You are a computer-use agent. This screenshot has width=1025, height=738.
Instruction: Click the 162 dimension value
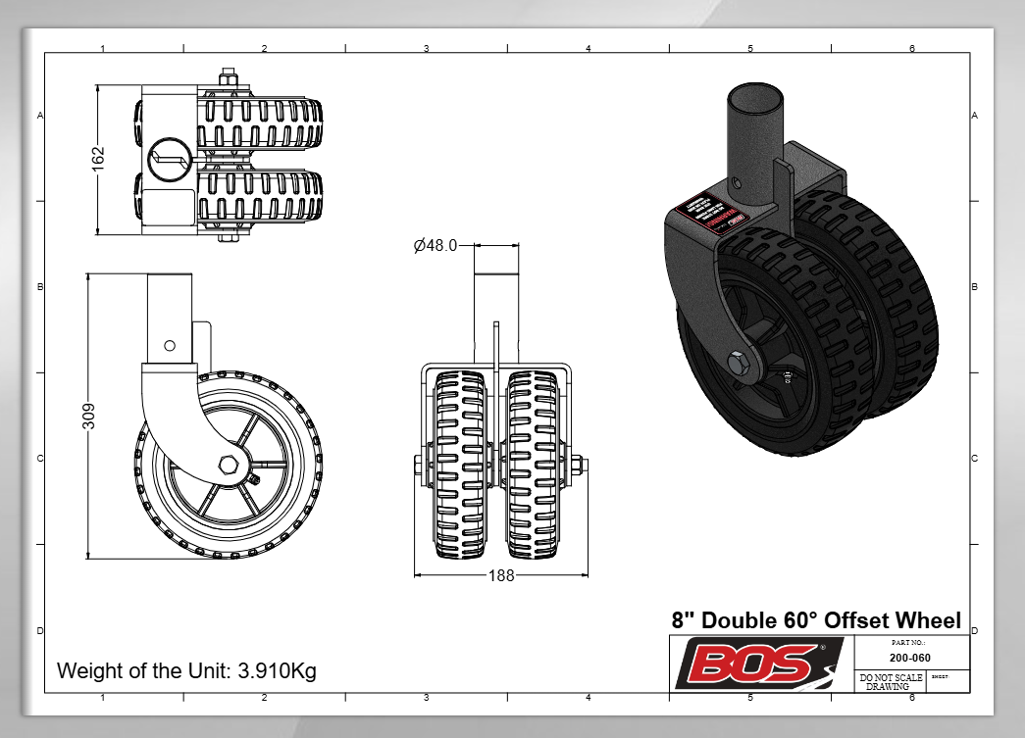click(x=98, y=159)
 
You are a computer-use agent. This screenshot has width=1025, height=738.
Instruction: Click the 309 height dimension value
click(x=87, y=417)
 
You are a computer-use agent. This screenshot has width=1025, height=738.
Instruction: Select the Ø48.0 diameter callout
click(x=436, y=246)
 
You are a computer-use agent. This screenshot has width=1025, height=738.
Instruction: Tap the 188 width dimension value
click(x=500, y=575)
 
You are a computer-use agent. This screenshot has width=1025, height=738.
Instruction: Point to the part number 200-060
click(x=909, y=658)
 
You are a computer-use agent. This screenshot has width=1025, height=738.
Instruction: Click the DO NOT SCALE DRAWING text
click(x=889, y=682)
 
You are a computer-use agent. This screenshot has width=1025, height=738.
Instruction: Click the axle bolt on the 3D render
click(x=740, y=363)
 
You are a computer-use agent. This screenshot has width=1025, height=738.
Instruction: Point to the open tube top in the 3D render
click(x=754, y=97)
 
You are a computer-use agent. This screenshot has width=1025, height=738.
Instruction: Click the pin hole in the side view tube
click(x=170, y=345)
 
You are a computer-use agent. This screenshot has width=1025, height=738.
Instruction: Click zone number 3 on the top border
click(x=426, y=48)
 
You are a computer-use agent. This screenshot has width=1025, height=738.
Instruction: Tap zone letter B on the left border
click(x=39, y=287)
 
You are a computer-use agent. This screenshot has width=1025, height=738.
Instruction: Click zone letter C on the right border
click(x=974, y=459)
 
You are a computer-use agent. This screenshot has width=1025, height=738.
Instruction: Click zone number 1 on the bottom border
click(x=103, y=697)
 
